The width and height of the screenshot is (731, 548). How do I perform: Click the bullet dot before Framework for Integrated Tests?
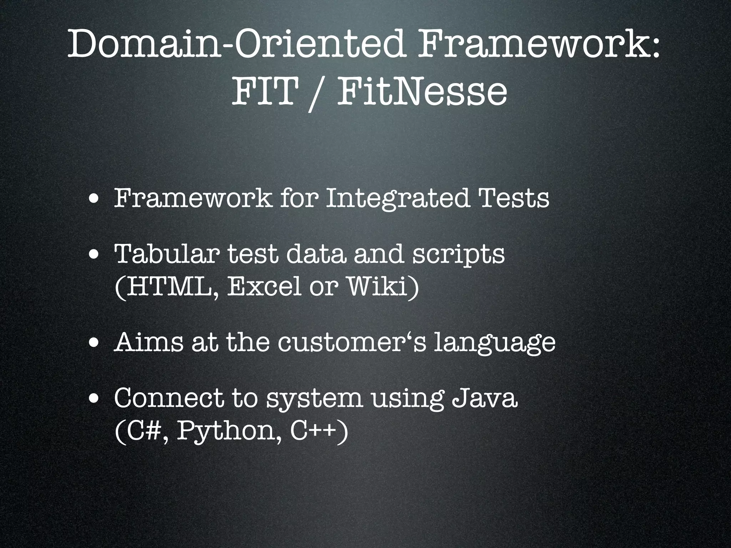(95, 198)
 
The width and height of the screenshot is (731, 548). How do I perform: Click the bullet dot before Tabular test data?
(95, 255)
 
